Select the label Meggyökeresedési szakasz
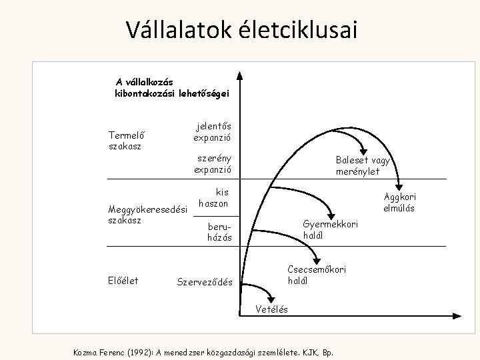[x=148, y=214]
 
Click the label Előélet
[x=123, y=281]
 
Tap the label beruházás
[x=219, y=231]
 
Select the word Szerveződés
[x=205, y=282]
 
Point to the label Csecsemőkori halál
[x=316, y=275]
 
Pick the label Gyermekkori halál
[x=330, y=229]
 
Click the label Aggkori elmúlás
[x=398, y=202]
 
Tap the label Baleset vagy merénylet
[x=363, y=165]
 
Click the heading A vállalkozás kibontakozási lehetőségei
[x=171, y=87]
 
